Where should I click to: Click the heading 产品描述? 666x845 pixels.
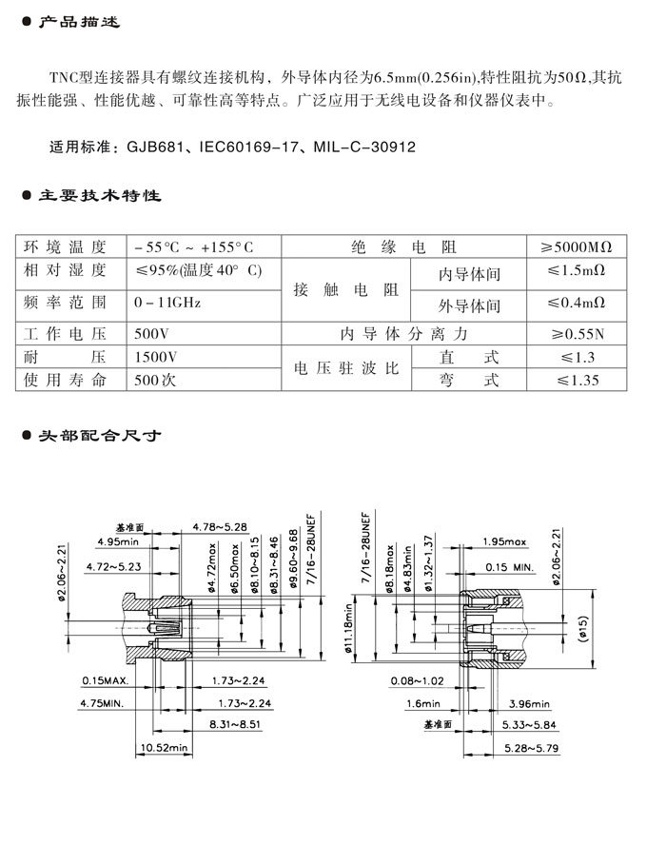(x=78, y=22)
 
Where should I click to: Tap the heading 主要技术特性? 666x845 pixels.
(x=99, y=196)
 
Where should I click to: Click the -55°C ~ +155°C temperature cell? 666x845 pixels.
(x=194, y=246)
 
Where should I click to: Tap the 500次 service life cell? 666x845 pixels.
(x=157, y=380)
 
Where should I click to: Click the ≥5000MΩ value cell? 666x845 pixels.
(x=577, y=246)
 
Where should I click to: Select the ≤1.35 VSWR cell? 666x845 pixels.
(x=577, y=380)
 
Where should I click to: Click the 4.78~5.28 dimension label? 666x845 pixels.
(x=220, y=525)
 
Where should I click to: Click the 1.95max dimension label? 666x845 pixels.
(x=504, y=541)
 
